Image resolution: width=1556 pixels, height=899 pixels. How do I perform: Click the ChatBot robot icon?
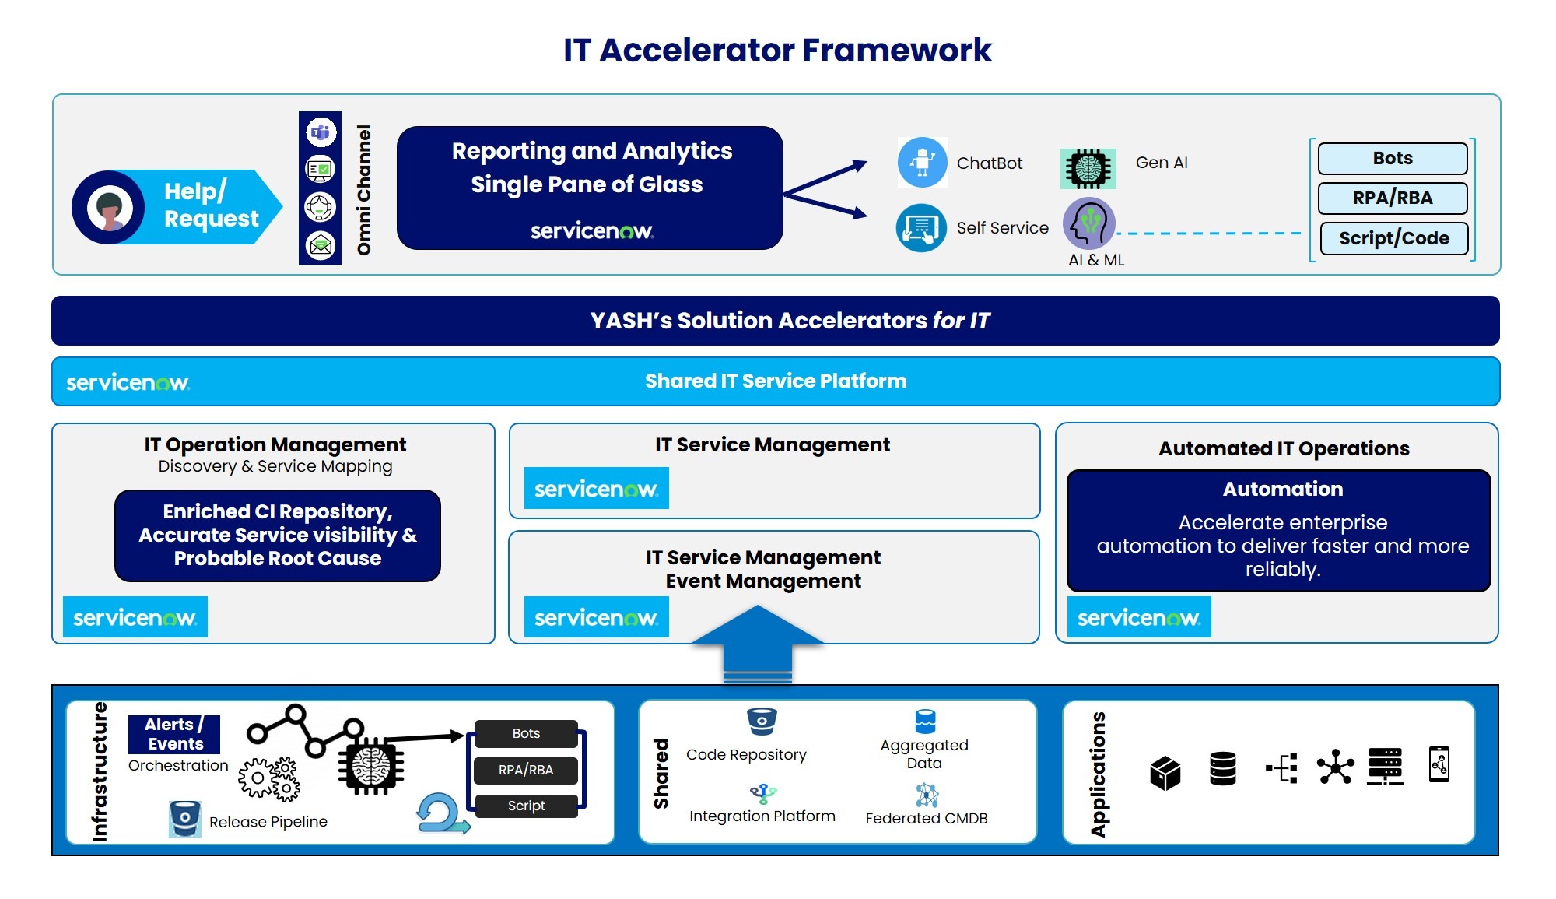point(922,163)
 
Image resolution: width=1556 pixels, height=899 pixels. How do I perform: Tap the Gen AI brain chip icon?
point(1088,168)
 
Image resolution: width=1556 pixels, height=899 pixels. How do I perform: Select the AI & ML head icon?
point(1089,223)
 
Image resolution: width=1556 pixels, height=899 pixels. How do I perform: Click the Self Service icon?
point(921,228)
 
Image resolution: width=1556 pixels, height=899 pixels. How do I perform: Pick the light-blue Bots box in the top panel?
point(1393,158)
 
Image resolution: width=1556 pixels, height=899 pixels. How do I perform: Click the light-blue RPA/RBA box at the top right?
point(1393,198)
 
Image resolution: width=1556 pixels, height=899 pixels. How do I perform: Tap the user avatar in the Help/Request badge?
point(109,208)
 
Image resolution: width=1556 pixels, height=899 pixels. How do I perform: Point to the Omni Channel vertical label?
point(363,190)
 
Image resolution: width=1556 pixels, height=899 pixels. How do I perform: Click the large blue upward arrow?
point(757,644)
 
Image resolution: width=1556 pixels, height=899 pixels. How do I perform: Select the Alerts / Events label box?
point(174,734)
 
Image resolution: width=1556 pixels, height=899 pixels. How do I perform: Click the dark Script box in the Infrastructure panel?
point(526,806)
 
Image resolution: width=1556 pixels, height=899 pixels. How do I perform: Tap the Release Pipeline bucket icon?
point(185,819)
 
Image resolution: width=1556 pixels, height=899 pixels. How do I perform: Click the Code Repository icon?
point(762,722)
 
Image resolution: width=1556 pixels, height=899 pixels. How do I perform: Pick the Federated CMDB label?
point(927,818)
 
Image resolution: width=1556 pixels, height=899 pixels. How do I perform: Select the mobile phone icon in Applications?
point(1439,764)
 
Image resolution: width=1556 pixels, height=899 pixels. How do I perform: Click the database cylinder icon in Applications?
point(1223,768)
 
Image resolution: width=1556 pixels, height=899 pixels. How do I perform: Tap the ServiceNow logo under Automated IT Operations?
point(1139,617)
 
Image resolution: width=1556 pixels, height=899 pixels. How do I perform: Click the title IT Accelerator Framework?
point(777,51)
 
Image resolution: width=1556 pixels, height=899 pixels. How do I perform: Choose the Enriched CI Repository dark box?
point(278,536)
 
